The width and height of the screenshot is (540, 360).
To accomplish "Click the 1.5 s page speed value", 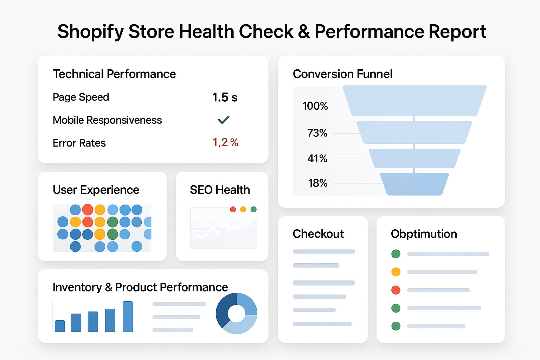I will [x=225, y=97].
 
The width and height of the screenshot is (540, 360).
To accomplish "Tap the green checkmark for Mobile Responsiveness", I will [x=224, y=120].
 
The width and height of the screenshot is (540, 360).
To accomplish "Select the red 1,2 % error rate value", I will [x=225, y=142].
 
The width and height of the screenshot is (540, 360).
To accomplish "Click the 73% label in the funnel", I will [x=317, y=133].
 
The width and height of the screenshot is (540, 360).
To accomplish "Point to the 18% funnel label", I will [x=317, y=183].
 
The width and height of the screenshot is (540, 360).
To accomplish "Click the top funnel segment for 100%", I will [x=414, y=101].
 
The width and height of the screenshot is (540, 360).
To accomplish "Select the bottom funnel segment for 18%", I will [x=414, y=184].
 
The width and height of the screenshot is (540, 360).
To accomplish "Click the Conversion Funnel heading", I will [x=342, y=74].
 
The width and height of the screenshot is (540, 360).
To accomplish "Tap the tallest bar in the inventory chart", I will [x=128, y=316].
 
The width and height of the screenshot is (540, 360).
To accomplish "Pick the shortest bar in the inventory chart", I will [x=60, y=326].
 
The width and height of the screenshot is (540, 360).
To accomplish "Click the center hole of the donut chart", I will [x=237, y=313].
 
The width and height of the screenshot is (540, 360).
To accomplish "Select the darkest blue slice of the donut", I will [x=224, y=309].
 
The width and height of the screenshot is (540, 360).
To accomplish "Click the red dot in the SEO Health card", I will [x=233, y=210].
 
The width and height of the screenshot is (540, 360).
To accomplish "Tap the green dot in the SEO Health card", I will [x=253, y=210].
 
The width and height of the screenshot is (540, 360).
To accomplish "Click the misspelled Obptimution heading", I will [x=424, y=234].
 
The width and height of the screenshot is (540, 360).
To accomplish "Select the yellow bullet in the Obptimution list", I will [x=396, y=272].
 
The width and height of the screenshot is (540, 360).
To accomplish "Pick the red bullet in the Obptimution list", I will [x=396, y=290].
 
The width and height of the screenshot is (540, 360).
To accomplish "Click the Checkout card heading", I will [x=318, y=234].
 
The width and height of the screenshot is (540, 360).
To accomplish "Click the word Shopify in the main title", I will [x=91, y=32].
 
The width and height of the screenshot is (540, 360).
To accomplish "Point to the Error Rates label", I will [x=79, y=143].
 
